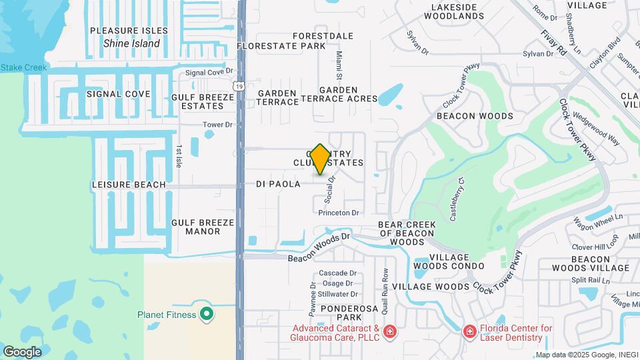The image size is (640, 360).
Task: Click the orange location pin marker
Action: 320,158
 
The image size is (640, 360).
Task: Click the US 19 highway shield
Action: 239,86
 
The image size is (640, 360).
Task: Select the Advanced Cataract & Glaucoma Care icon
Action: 390,331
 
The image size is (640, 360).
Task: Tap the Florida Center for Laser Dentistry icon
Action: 469,331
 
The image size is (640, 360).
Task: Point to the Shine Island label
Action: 131,43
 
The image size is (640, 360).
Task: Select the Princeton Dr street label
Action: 339,213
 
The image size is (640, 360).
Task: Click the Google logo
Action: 21,351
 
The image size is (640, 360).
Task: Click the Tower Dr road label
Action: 218,125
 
